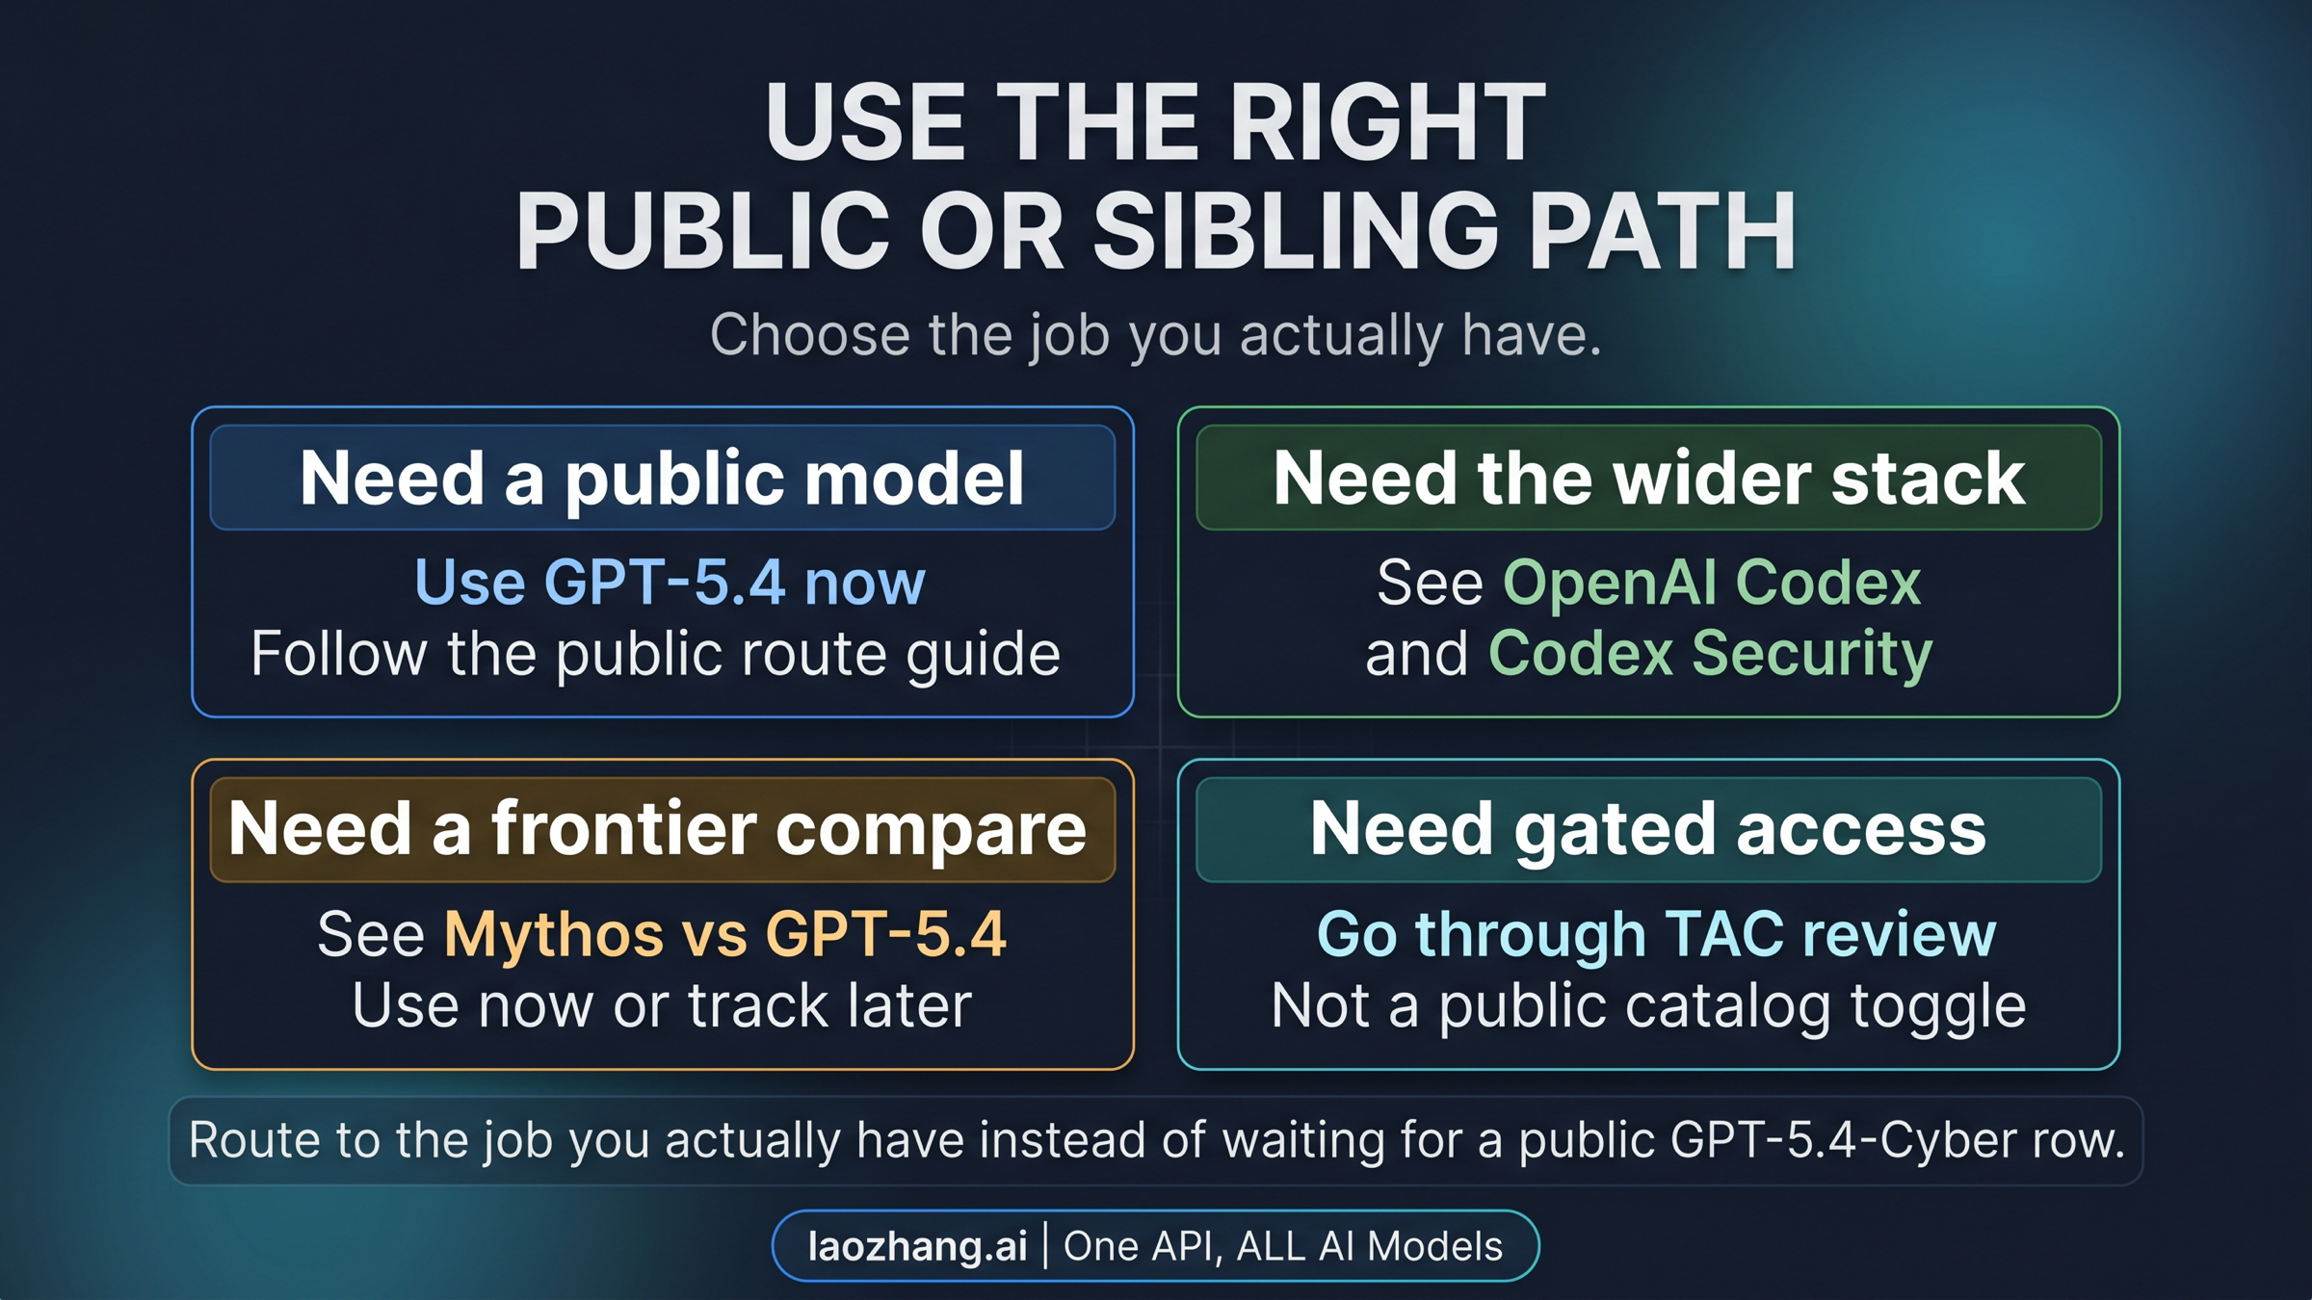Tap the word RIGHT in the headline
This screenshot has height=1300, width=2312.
point(1387,123)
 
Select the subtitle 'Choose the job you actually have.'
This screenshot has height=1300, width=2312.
point(1155,335)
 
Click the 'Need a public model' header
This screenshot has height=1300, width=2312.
point(662,478)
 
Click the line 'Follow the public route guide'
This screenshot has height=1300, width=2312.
point(655,654)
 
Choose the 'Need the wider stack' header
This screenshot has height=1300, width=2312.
point(1648,478)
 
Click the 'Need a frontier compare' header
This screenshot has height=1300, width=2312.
point(658,829)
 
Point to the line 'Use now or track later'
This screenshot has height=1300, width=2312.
point(662,1005)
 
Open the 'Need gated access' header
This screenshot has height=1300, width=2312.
point(1647,829)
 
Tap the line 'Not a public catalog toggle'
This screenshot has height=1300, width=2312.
point(1648,1005)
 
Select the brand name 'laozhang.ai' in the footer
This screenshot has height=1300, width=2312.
point(917,1246)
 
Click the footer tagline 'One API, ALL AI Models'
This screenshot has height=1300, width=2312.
point(1283,1246)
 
